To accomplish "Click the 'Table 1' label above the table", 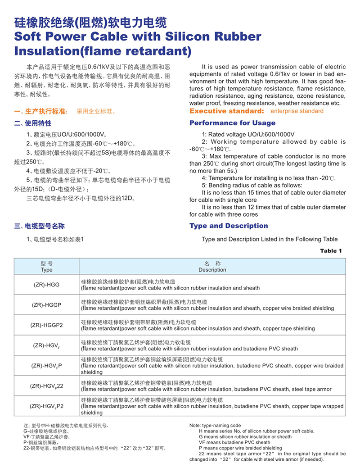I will click(x=331, y=251).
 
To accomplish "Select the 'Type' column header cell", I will click(x=47, y=267).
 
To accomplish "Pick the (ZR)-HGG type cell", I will click(x=47, y=285).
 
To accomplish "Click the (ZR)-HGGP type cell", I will click(x=47, y=305).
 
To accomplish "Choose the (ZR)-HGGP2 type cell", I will click(x=47, y=325).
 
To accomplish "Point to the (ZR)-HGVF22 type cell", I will click(x=47, y=386).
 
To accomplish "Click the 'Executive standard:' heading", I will click(x=228, y=111).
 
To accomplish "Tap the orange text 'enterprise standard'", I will click(x=297, y=111).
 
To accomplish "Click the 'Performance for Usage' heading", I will click(x=232, y=123).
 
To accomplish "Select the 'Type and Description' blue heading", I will click(x=229, y=226).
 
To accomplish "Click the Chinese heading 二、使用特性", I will click(x=33, y=123).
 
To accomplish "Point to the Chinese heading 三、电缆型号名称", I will click(x=40, y=226).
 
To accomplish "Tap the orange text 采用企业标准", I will click(x=96, y=111).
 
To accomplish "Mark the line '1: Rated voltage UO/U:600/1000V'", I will click(x=248, y=134).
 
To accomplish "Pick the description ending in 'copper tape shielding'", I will click(x=198, y=329).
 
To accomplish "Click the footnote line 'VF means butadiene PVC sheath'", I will click(x=235, y=442).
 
